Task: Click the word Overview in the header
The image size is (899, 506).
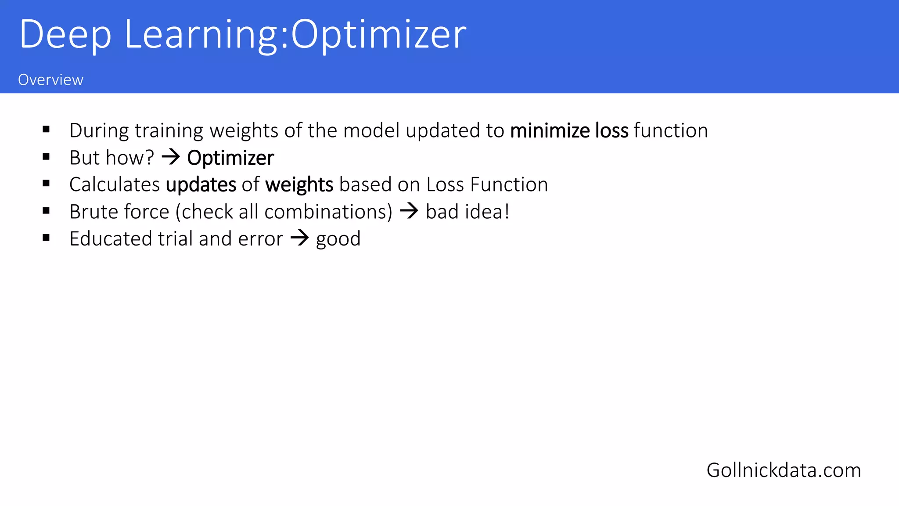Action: tap(50, 80)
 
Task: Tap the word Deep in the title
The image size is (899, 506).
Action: tap(65, 35)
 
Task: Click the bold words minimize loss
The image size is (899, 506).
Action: tap(569, 131)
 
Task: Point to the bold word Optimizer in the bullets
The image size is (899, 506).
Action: tap(230, 158)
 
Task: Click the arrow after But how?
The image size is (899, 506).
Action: tap(171, 157)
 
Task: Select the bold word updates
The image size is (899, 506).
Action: tap(201, 185)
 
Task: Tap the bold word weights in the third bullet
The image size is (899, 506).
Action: tap(299, 185)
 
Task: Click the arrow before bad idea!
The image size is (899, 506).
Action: tap(409, 211)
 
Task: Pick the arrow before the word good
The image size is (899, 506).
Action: tap(300, 238)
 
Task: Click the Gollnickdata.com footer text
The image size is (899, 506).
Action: tap(784, 470)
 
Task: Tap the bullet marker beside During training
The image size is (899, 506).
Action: tap(46, 130)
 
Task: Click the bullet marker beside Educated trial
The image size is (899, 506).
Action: tap(46, 238)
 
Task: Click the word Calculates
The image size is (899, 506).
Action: tap(115, 184)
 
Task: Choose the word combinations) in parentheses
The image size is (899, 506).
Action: tap(328, 212)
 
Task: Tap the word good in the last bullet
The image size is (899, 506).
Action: tap(338, 239)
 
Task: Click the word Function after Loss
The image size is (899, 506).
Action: tap(509, 184)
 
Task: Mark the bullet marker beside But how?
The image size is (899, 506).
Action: tap(46, 157)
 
